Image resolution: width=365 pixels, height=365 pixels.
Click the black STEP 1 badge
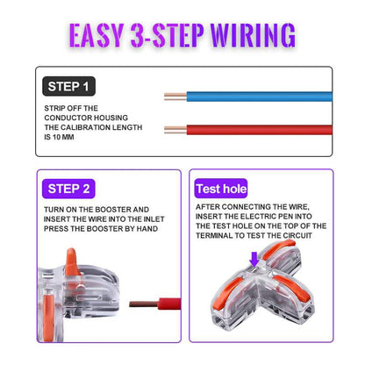(69, 86)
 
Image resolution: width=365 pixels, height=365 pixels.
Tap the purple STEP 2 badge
(69, 189)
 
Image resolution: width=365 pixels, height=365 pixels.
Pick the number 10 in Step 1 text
(78, 136)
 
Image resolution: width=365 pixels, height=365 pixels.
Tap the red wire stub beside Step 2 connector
(154, 306)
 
